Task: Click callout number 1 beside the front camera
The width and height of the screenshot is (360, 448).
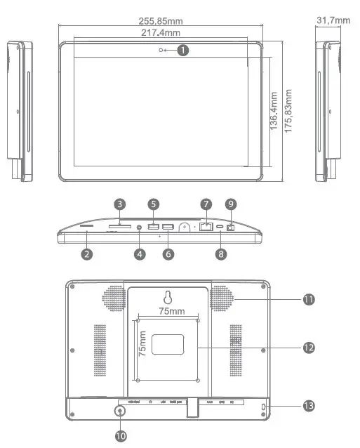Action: point(183,50)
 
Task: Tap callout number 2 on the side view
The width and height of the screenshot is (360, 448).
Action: point(86,254)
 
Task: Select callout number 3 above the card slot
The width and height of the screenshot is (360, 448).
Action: point(120,204)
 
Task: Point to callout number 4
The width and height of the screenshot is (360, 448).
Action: point(140,254)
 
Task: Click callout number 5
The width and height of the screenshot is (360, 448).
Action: point(154,204)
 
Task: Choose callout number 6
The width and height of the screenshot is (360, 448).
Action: point(168,254)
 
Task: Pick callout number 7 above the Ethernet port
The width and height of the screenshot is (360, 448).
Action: point(206,204)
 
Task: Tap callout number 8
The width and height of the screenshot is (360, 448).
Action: point(221,254)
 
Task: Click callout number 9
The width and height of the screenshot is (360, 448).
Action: point(232,204)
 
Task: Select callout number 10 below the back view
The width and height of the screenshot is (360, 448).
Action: point(121,435)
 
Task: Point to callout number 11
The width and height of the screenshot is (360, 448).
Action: point(309,300)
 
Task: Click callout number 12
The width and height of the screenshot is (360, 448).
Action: point(309,348)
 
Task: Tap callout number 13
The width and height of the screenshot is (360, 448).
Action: point(309,406)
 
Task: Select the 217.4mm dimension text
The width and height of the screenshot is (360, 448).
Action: point(161,33)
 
